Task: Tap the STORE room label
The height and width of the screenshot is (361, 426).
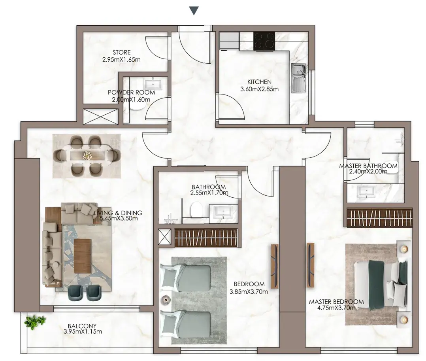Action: click(x=122, y=52)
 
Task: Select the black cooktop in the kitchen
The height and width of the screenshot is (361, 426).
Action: click(x=264, y=41)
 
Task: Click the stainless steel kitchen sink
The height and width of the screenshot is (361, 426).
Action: click(x=299, y=78)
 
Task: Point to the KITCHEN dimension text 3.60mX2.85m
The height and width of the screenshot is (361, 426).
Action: click(x=260, y=89)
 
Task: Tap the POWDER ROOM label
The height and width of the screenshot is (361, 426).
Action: click(x=132, y=92)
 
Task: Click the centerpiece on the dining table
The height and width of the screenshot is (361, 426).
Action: click(x=87, y=155)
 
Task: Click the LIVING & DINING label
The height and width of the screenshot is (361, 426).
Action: click(x=118, y=213)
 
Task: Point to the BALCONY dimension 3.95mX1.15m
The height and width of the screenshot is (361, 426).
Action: click(x=83, y=332)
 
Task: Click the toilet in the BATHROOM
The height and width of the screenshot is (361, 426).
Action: click(x=197, y=210)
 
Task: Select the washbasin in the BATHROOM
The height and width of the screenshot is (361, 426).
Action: click(x=223, y=212)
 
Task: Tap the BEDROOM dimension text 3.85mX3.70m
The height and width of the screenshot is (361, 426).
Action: click(x=249, y=292)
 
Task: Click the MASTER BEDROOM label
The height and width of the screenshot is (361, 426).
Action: click(x=336, y=302)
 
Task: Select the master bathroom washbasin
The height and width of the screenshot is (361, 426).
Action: click(x=366, y=191)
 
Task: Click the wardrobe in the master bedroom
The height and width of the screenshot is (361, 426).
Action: click(x=379, y=217)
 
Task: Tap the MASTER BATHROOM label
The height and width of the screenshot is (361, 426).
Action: click(x=368, y=166)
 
